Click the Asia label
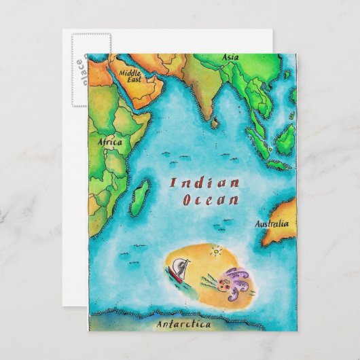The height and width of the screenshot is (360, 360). coord(231,58)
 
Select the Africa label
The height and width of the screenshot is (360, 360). coord(110,143)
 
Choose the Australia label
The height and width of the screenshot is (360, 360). coord(271,223)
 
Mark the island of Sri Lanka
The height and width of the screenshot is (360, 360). coord(215,123)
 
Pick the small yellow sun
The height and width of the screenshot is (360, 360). coord(216,252)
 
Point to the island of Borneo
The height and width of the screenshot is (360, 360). coord(285,139)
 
